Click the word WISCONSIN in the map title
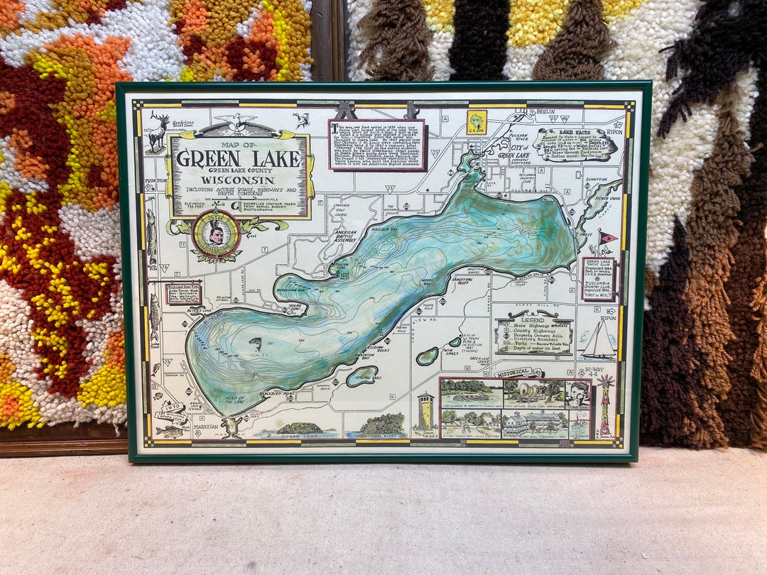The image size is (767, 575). point(239,180)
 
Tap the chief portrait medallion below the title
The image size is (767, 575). point(216,234)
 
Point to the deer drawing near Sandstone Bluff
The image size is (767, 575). point(158,132)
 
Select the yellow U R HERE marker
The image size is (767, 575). point(476,122)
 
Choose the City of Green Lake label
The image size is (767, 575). point(513,151)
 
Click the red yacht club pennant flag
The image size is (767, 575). point(607,237)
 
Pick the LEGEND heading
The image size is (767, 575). point(534,320)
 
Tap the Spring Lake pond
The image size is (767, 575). point(362,376)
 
